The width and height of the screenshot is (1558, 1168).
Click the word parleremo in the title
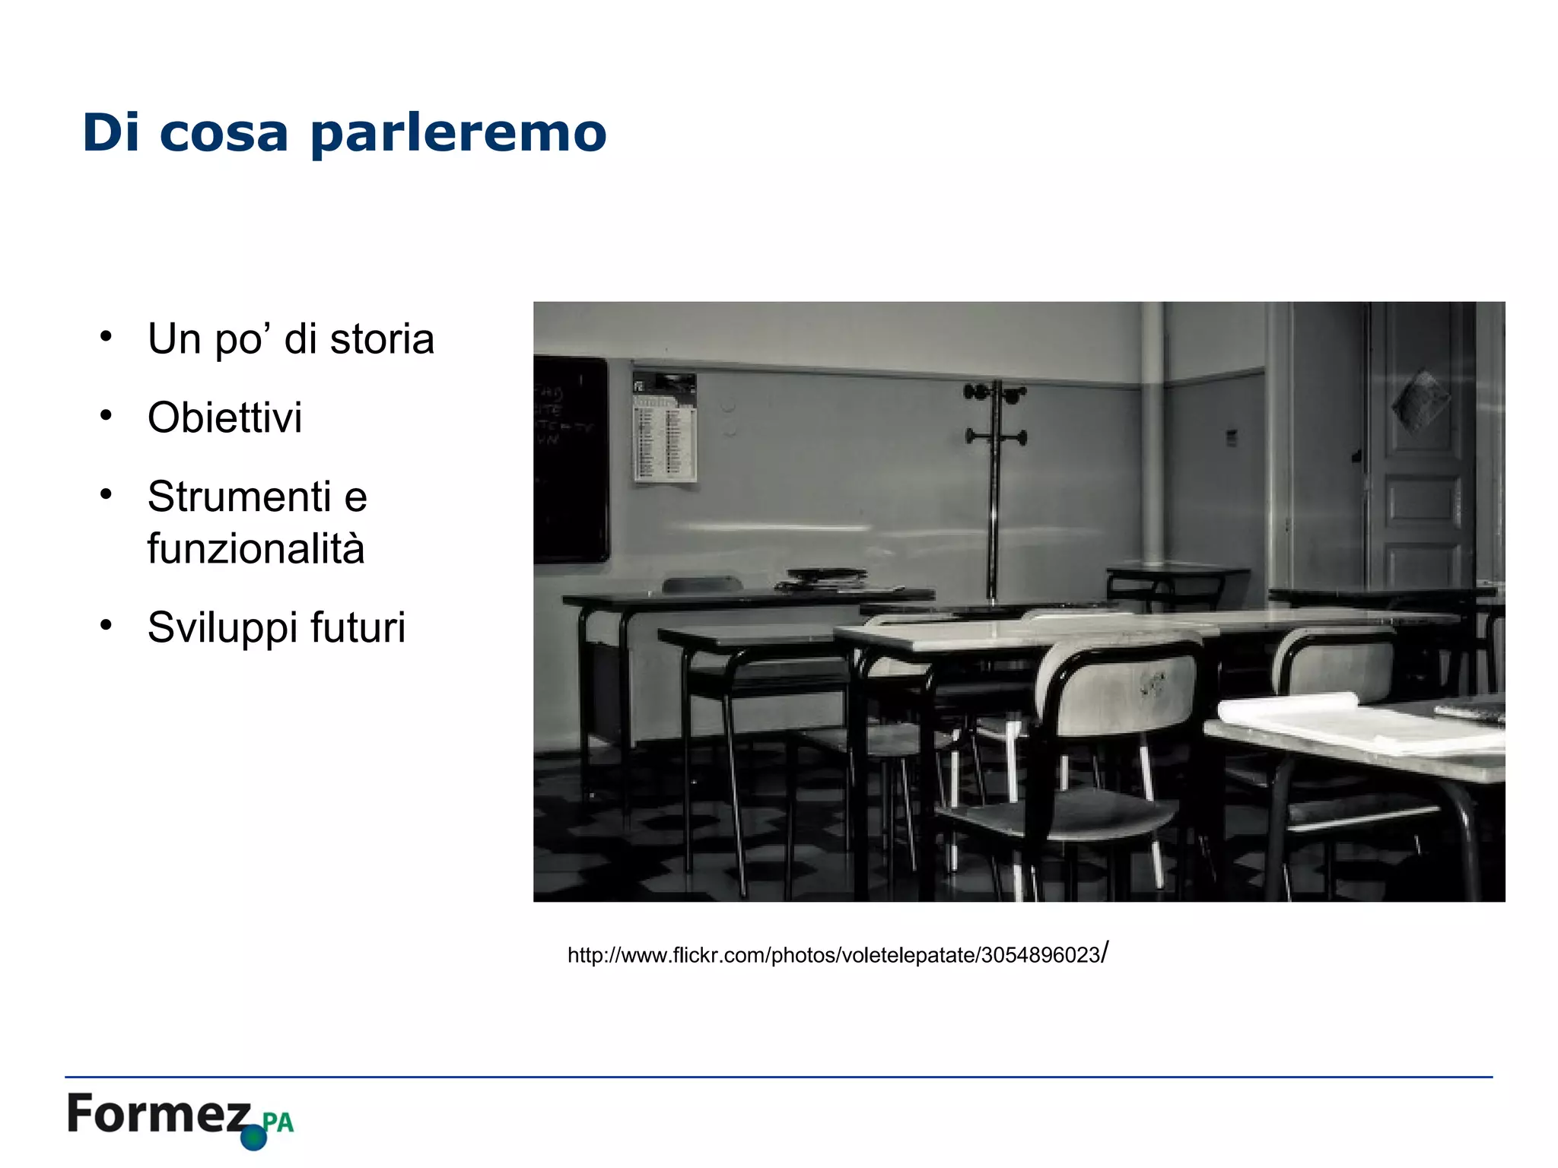pyautogui.click(x=458, y=134)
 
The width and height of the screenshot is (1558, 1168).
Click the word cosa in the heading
pyautogui.click(x=224, y=134)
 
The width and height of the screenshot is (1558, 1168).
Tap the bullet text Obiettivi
pyautogui.click(x=225, y=417)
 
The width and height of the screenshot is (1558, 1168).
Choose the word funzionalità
pyautogui.click(x=256, y=549)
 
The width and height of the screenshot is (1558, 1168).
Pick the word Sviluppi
pyautogui.click(x=213, y=628)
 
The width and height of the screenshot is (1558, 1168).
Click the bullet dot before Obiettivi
pyautogui.click(x=106, y=415)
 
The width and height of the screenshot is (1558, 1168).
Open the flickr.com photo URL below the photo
pyautogui.click(x=837, y=954)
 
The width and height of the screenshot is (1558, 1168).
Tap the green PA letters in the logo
pyautogui.click(x=278, y=1122)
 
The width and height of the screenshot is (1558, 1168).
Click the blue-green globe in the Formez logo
pyautogui.click(x=253, y=1138)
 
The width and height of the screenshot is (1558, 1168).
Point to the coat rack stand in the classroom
pyautogui.click(x=994, y=487)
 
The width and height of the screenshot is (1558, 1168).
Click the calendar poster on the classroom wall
pyautogui.click(x=665, y=427)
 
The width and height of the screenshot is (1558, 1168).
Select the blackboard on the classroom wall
pyautogui.click(x=571, y=460)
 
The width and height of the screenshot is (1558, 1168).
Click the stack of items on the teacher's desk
pyautogui.click(x=825, y=579)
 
